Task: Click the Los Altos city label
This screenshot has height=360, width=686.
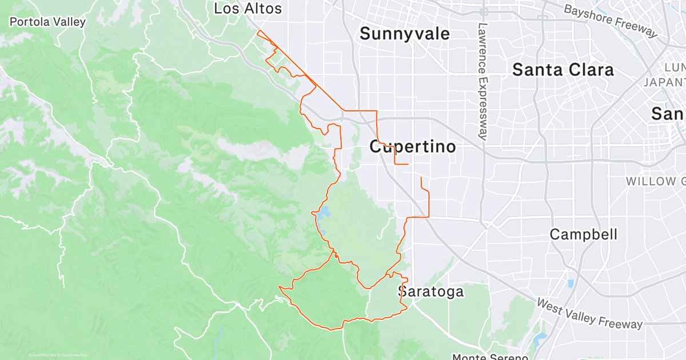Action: (x=248, y=9)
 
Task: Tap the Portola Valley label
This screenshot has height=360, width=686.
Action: (x=48, y=22)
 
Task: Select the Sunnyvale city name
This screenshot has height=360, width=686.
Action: (x=404, y=34)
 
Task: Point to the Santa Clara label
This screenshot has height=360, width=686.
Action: (x=563, y=70)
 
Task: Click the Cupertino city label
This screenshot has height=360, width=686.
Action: (x=413, y=147)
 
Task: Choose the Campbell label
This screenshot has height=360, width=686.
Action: (x=583, y=234)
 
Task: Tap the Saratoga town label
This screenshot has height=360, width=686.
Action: (x=430, y=292)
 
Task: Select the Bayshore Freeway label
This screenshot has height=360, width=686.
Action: (x=611, y=20)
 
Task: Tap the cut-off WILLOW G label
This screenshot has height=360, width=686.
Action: (x=655, y=181)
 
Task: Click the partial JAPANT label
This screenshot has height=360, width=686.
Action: (x=664, y=82)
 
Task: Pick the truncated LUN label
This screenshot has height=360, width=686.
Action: (x=675, y=67)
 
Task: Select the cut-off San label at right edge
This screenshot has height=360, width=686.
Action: (x=668, y=114)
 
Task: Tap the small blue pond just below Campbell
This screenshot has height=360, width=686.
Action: (x=571, y=283)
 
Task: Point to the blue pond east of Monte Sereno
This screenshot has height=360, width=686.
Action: (x=540, y=341)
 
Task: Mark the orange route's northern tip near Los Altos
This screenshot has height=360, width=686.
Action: (x=259, y=30)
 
